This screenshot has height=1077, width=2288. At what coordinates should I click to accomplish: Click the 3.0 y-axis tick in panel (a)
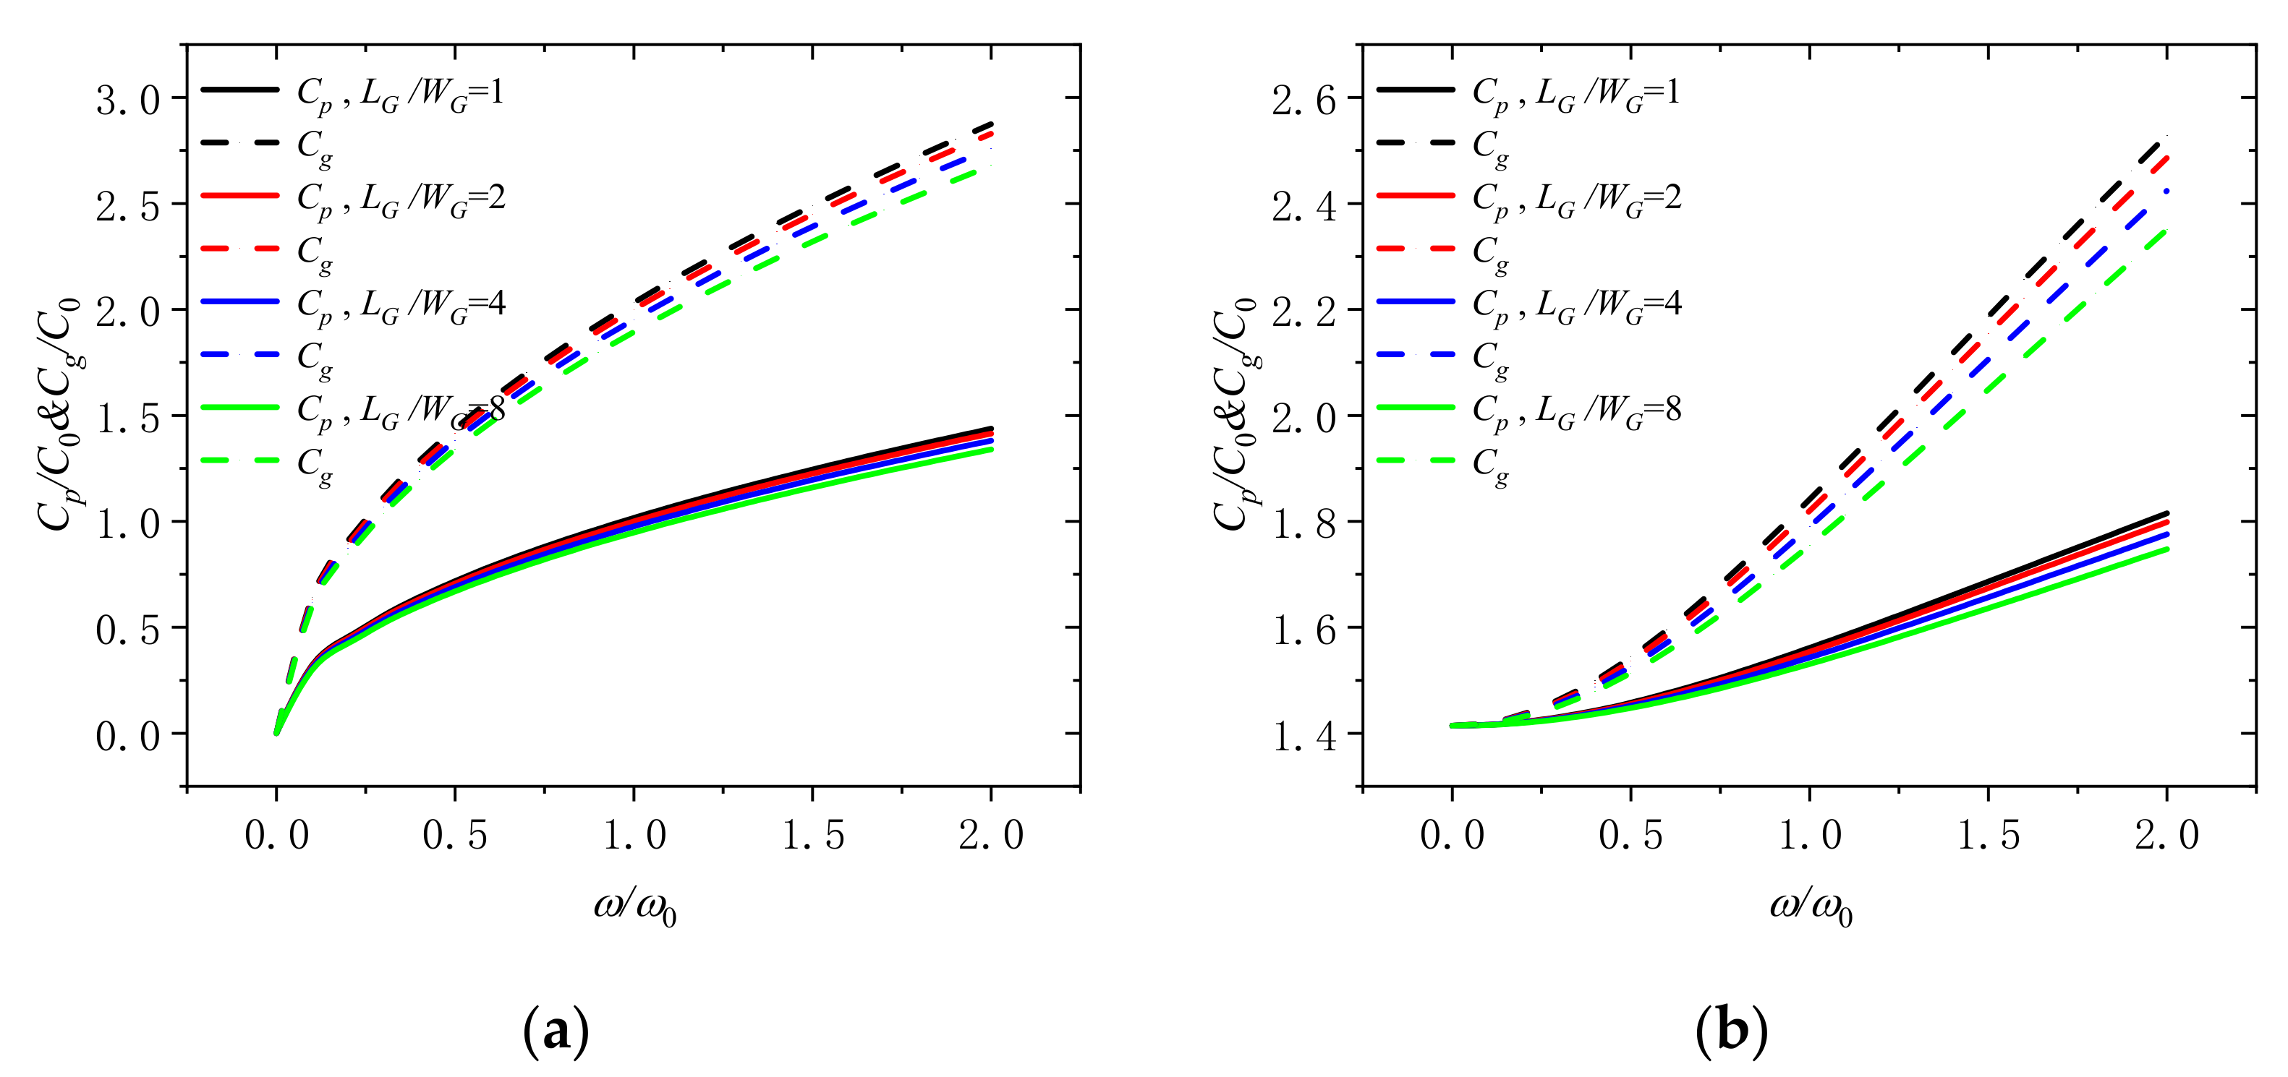coord(128,100)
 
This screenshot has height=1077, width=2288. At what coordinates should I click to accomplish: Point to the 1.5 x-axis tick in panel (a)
coord(813,836)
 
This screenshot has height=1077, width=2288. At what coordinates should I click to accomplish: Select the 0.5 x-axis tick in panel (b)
coord(1630,836)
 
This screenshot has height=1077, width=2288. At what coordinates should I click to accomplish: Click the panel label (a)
coord(556,1031)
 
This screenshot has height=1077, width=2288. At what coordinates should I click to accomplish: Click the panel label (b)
coord(1731,1031)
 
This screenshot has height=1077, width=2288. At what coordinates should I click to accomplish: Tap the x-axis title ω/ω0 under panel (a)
coord(635,907)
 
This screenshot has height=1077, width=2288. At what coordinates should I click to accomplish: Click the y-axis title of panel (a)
coord(59,416)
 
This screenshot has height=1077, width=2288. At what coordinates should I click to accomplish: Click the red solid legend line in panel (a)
coord(240,195)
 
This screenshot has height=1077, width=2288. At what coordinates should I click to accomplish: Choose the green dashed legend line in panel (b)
coord(1416,460)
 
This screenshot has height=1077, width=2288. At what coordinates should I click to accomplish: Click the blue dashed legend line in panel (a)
coord(240,354)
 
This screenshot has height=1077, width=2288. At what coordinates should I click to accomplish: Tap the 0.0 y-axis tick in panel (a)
coord(128,736)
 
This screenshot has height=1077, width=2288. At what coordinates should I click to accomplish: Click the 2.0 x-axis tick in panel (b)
coord(2166,836)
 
